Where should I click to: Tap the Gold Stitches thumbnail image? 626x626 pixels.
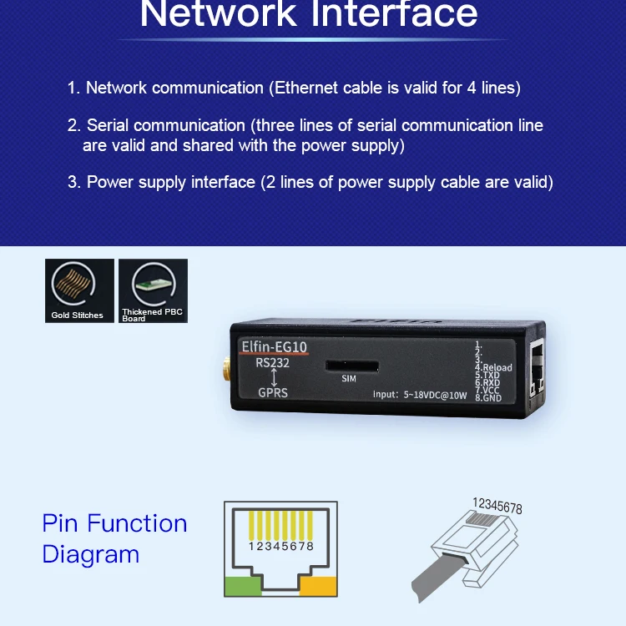[x=79, y=290]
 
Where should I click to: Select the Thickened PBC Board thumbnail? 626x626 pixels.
[x=153, y=290]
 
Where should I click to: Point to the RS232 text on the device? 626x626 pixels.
[x=272, y=362]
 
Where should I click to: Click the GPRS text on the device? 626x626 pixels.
[x=273, y=391]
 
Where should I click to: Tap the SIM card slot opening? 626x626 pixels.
[x=351, y=366]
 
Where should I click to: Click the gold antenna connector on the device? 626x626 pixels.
[x=225, y=368]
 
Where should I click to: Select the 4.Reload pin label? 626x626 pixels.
[x=493, y=367]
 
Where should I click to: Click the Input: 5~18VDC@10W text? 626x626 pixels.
[x=420, y=394]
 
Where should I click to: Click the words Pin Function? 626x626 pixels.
[x=114, y=523]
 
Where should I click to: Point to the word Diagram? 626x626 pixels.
[x=91, y=554]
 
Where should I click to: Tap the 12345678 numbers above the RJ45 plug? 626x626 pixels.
[x=497, y=506]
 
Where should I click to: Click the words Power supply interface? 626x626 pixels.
[x=171, y=182]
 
